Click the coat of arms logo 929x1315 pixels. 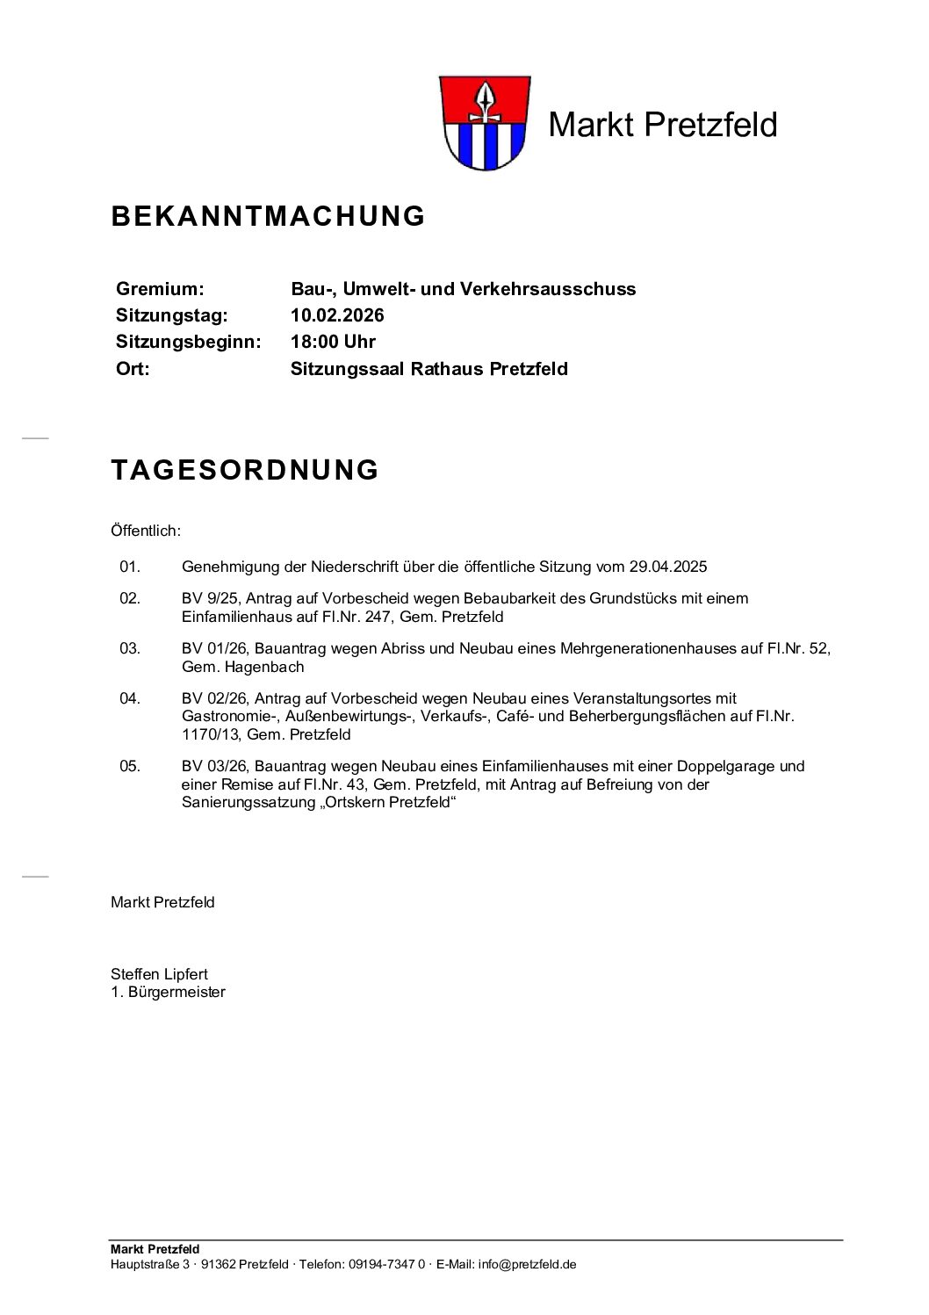pos(482,123)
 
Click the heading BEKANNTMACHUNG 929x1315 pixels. pos(268,216)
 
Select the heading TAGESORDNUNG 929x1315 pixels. pos(245,470)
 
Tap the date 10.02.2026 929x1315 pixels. pos(337,315)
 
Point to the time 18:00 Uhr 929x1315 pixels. pos(333,342)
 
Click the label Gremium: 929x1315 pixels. pos(160,289)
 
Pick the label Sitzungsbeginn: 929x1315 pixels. pos(188,342)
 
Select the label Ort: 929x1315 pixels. pos(133,369)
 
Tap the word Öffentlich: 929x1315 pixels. pos(146,531)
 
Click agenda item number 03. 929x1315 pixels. pos(130,648)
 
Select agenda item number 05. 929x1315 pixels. pos(130,766)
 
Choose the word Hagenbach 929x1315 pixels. pos(264,667)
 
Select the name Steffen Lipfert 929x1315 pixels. pos(159,973)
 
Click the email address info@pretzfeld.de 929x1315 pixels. pos(527,1264)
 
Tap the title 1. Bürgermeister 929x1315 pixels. pos(168,992)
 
